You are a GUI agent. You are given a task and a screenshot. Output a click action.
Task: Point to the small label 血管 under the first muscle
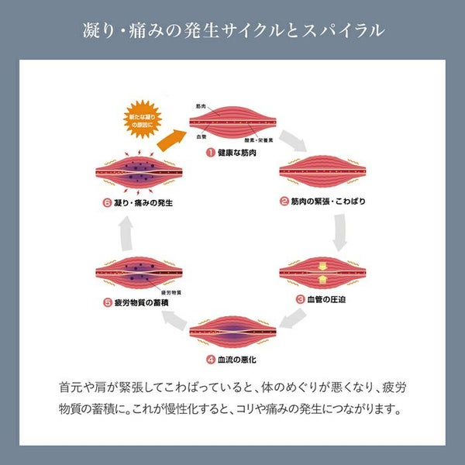click(x=201, y=138)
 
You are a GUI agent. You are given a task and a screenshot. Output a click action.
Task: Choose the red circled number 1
click(x=209, y=153)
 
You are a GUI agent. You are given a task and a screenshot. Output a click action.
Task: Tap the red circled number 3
click(x=300, y=298)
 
